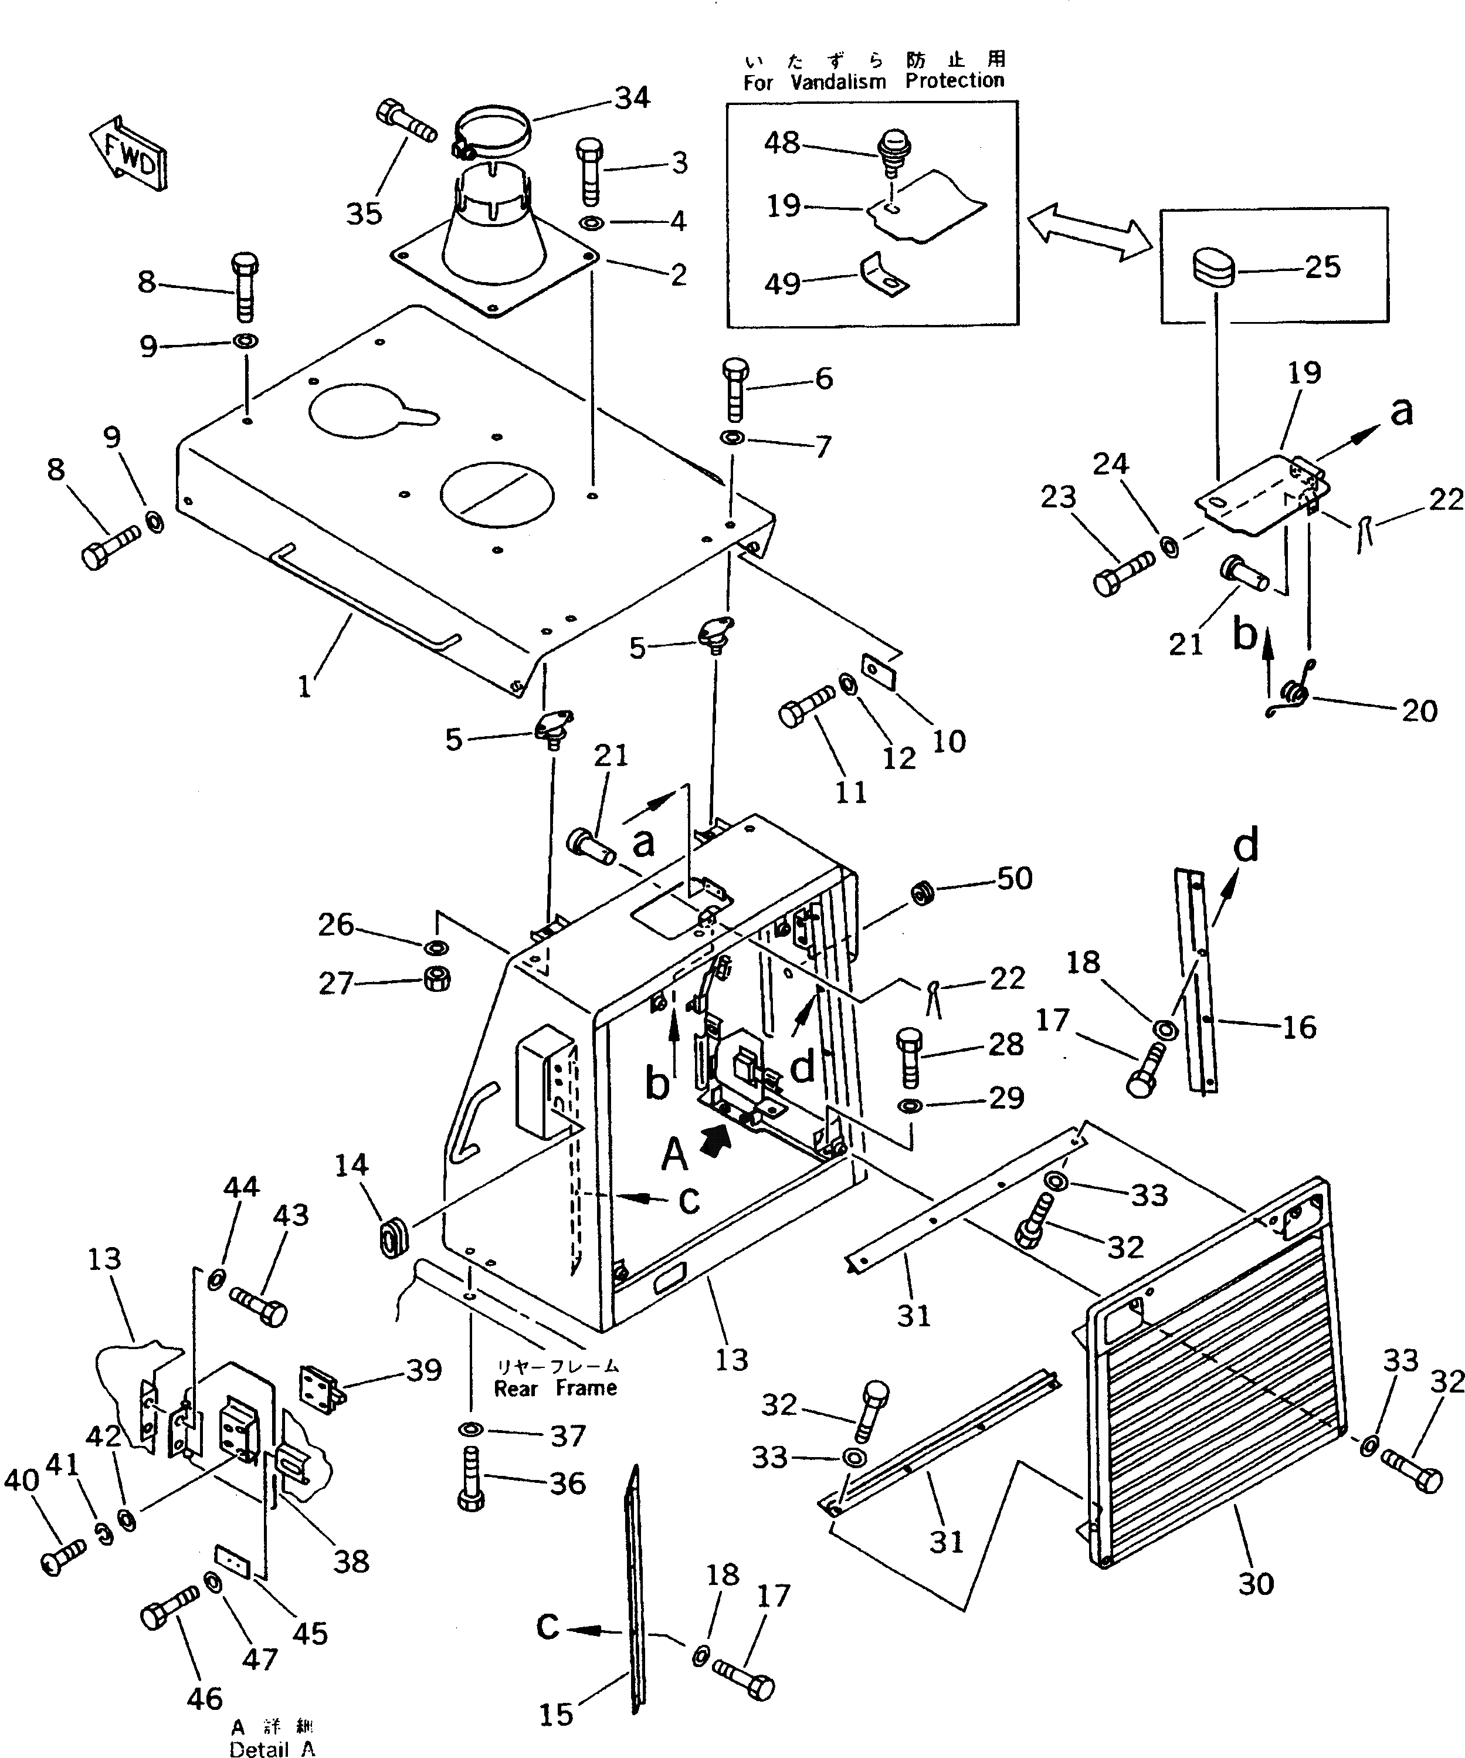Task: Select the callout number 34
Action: click(x=632, y=98)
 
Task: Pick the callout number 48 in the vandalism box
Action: click(x=782, y=143)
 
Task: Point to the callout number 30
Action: click(x=1256, y=1584)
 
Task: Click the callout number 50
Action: click(x=1015, y=878)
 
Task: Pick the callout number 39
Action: click(x=423, y=1370)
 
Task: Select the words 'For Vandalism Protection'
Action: click(x=873, y=81)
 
